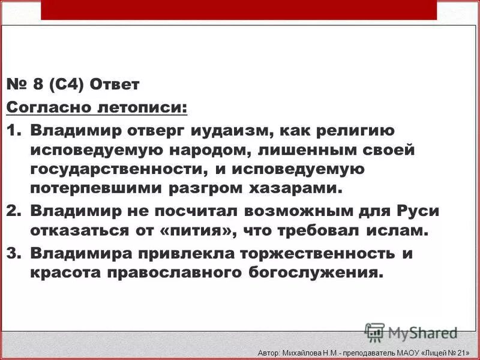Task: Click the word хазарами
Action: (290, 188)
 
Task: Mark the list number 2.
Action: (13, 211)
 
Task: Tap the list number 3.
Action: (13, 253)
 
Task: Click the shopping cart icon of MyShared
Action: (374, 332)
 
